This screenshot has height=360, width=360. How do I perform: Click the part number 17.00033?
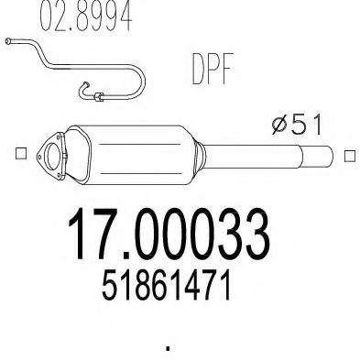pos(169,234)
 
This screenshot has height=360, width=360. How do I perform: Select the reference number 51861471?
pos(166,286)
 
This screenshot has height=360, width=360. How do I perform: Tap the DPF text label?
pos(212,69)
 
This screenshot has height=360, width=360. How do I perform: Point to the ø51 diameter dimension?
pos(297,125)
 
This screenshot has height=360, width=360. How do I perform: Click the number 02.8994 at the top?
pos(86,16)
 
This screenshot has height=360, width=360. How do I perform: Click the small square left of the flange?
pos(21,153)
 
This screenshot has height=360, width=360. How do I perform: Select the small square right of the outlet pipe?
pos(350,156)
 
